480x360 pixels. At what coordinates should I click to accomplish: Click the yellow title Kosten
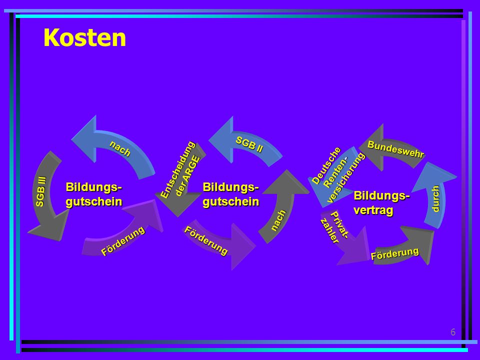pyautogui.click(x=85, y=38)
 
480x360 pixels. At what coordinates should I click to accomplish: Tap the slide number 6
pyautogui.click(x=453, y=332)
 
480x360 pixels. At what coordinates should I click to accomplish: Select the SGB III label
pyautogui.click(x=40, y=191)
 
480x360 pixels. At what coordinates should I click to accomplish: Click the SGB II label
pyautogui.click(x=249, y=145)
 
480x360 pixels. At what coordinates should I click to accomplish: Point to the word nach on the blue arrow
pyautogui.click(x=120, y=148)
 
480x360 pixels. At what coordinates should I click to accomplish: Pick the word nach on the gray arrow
pyautogui.click(x=278, y=220)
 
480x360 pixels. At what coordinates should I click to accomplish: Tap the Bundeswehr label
pyautogui.click(x=396, y=149)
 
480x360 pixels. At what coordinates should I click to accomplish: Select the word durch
pyautogui.click(x=435, y=198)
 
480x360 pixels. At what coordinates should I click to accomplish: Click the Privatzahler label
pyautogui.click(x=334, y=227)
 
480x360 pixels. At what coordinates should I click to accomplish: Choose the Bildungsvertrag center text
pyautogui.click(x=381, y=202)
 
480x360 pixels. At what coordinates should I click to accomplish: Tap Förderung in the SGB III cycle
pyautogui.click(x=123, y=241)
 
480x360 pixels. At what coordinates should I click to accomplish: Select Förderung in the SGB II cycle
pyautogui.click(x=205, y=240)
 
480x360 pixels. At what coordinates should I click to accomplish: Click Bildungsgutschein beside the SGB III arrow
pyautogui.click(x=93, y=194)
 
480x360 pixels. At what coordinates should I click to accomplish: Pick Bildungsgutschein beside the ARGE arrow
pyautogui.click(x=231, y=194)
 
